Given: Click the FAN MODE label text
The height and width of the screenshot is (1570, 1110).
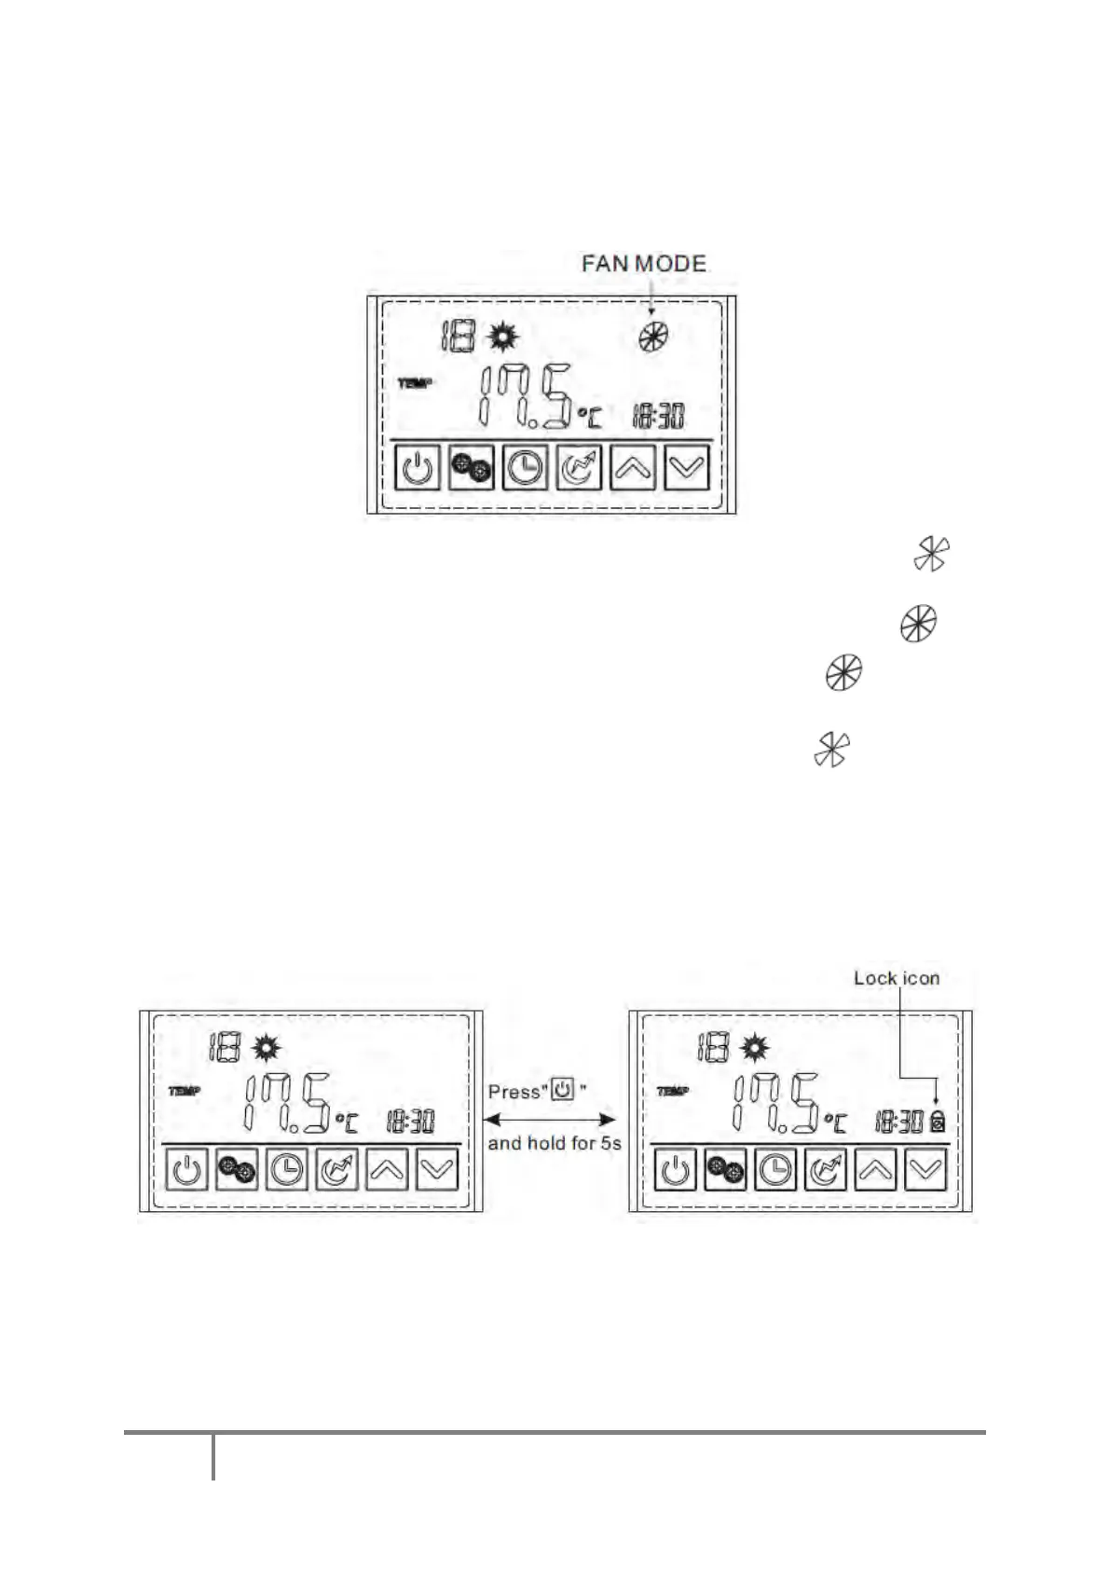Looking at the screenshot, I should [643, 264].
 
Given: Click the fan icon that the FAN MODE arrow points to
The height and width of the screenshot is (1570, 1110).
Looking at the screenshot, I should [652, 337].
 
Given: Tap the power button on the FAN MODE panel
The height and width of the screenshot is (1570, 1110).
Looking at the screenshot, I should [418, 467].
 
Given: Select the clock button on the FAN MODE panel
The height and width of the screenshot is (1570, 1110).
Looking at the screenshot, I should [525, 467].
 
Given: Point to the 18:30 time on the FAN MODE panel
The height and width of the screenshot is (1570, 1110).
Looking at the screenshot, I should [658, 416].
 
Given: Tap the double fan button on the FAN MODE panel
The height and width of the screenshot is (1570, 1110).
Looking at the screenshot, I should [472, 467].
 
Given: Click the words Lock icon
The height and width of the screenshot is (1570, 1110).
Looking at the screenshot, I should [897, 978].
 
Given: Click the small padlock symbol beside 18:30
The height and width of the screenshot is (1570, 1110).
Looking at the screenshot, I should [937, 1122].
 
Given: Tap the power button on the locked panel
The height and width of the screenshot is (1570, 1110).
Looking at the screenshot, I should [676, 1170].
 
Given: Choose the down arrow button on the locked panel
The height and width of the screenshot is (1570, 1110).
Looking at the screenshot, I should [925, 1170].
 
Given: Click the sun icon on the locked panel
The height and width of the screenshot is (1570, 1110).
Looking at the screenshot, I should [754, 1049].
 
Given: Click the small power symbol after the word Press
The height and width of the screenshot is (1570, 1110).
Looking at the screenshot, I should [563, 1089].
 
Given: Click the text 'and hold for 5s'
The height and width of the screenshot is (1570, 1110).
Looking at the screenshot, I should [554, 1143].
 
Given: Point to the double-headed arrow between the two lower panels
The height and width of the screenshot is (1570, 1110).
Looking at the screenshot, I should [553, 1117].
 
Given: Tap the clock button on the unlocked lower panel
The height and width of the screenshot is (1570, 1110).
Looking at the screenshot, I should [287, 1170].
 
